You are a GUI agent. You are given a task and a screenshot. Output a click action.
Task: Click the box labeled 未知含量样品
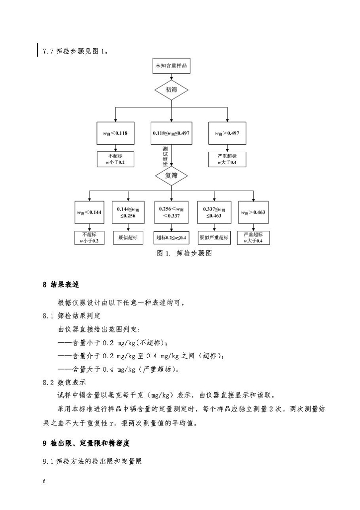click(172, 66)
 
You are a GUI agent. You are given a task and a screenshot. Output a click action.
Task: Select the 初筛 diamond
click(172, 90)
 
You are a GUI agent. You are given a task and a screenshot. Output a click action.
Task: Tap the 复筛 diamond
click(172, 176)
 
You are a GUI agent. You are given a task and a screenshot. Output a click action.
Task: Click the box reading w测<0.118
click(115, 133)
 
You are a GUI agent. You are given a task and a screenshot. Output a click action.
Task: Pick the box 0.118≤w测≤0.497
click(171, 133)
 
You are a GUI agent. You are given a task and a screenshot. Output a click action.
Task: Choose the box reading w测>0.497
click(227, 133)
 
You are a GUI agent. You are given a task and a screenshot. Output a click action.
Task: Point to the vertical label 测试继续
click(166, 156)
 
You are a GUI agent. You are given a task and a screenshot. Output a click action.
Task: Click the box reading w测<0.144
click(90, 212)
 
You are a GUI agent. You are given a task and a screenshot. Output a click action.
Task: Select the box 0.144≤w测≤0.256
click(128, 212)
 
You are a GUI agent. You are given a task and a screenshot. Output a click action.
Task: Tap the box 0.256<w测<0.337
click(171, 212)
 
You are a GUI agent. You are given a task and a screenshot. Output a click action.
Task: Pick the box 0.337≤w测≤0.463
click(214, 212)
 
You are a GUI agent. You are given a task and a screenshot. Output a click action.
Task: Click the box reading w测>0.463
click(253, 212)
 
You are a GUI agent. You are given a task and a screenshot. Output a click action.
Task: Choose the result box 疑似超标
click(128, 237)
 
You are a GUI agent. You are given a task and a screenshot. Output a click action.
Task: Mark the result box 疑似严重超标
click(214, 237)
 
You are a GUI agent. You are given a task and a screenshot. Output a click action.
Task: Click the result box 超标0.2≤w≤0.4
click(171, 237)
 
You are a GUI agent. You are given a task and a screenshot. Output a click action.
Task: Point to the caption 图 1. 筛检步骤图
click(184, 253)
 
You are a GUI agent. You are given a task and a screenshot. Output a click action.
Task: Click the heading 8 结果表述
click(61, 285)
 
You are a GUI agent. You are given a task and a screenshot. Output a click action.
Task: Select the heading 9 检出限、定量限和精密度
click(87, 443)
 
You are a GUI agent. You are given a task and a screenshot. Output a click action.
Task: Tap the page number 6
click(44, 481)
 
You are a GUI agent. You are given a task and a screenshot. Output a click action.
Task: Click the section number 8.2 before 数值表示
click(48, 383)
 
